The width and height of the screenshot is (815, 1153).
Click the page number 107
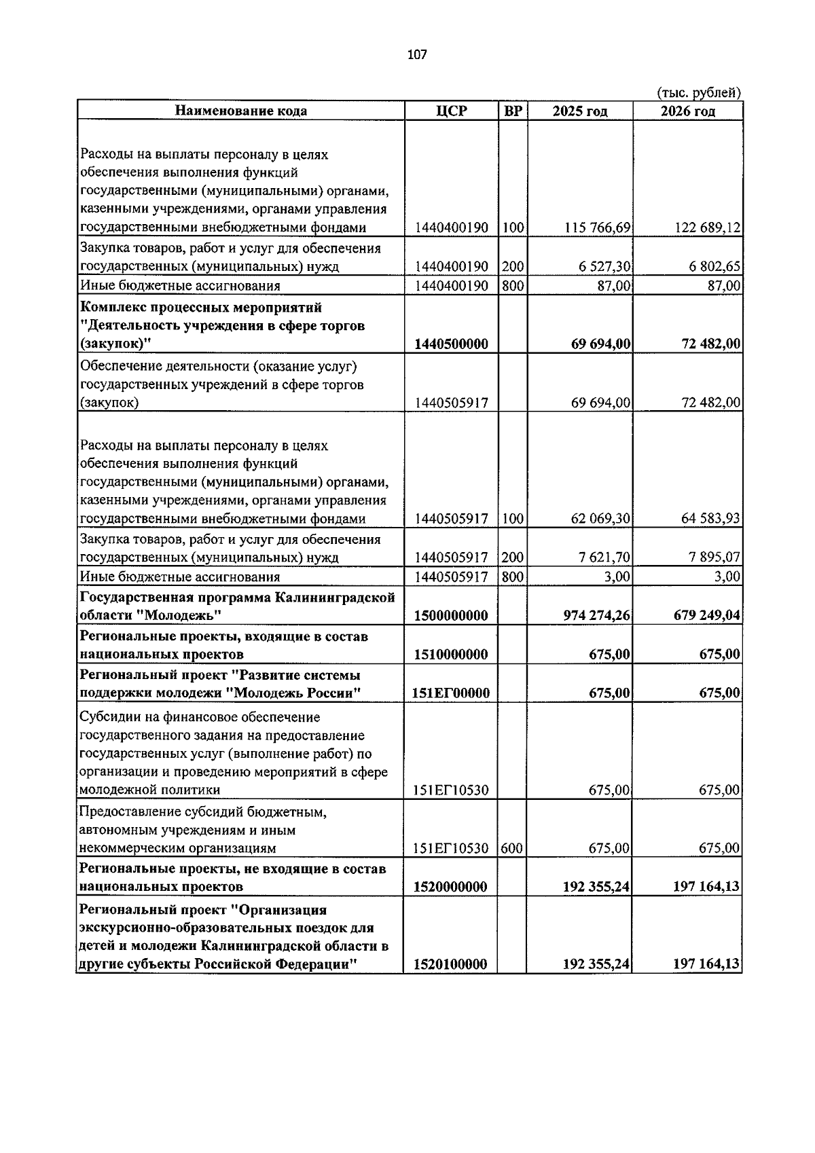click(x=416, y=55)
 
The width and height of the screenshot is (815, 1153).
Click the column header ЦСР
click(x=451, y=111)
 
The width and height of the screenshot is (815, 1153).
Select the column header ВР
click(x=513, y=111)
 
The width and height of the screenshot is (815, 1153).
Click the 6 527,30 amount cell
click(x=604, y=267)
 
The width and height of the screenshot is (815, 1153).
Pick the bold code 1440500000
click(x=451, y=344)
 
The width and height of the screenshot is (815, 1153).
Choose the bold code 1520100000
click(x=451, y=965)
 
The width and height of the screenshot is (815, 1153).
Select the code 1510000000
click(x=451, y=655)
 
